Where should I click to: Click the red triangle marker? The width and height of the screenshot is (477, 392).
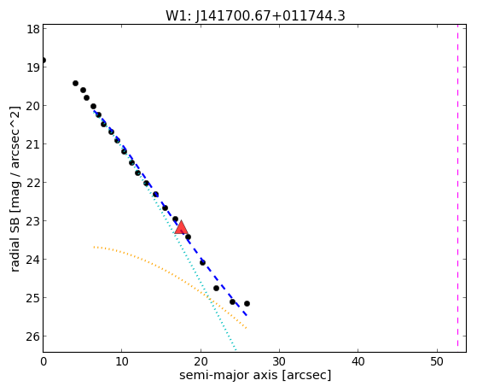(x=181, y=227)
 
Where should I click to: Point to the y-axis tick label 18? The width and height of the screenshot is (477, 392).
(x=33, y=29)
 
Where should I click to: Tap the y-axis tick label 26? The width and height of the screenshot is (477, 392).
(x=33, y=336)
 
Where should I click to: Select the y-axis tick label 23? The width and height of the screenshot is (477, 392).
(x=33, y=221)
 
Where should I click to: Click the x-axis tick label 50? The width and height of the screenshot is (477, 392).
(x=437, y=362)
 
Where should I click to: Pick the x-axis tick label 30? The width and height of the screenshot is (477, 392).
(x=279, y=362)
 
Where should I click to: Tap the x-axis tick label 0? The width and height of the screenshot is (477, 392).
(x=44, y=362)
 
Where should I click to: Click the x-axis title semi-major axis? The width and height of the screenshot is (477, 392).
(x=228, y=375)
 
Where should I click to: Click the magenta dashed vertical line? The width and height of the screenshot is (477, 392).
(x=457, y=185)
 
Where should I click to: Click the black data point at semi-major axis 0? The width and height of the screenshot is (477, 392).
(x=44, y=61)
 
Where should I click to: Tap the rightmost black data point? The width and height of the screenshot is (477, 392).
(x=247, y=304)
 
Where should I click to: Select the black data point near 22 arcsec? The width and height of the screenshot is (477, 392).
(x=216, y=288)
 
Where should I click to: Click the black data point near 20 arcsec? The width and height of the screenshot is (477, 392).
(x=202, y=262)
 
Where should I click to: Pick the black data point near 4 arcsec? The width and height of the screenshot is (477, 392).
(x=75, y=84)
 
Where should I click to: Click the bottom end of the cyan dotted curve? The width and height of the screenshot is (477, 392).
(x=236, y=349)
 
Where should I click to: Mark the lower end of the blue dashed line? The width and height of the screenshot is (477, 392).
(x=247, y=315)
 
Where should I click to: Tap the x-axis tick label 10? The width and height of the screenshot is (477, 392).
(x=122, y=362)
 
